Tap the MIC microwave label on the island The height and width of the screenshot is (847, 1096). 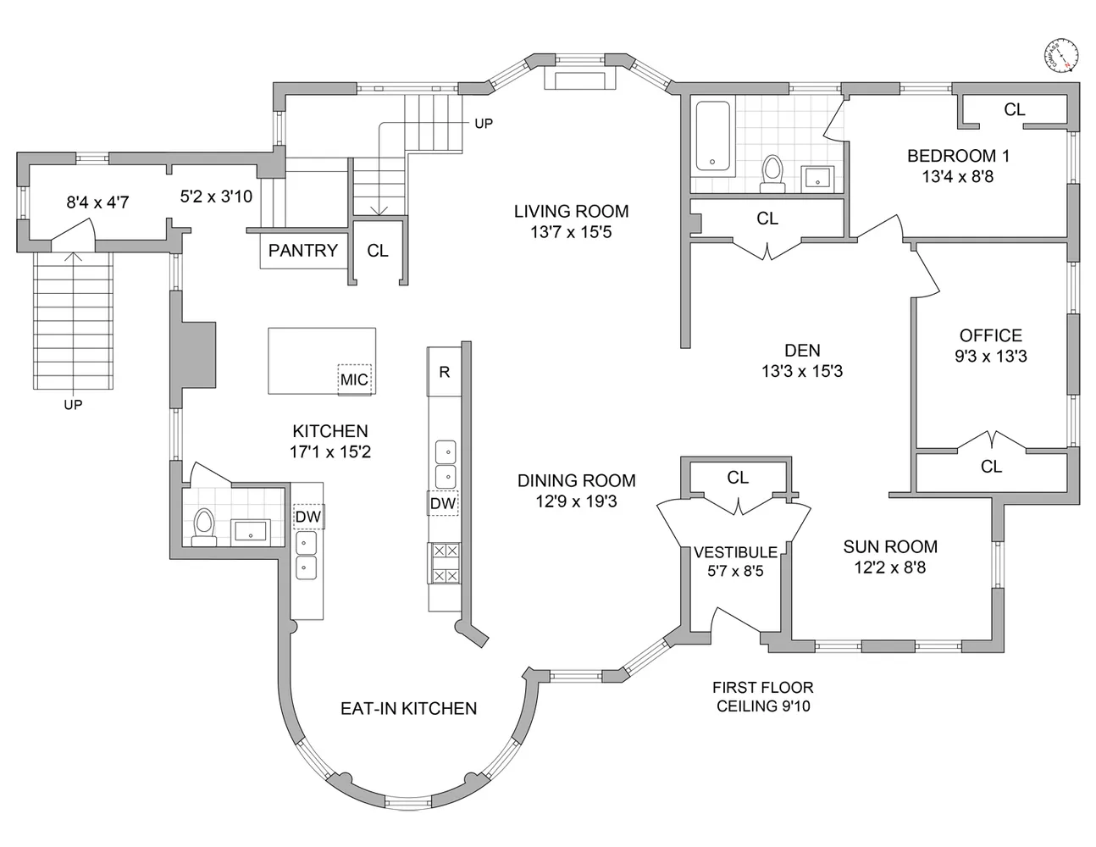[354, 379]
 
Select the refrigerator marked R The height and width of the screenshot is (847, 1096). [445, 372]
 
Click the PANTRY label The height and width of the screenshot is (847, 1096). [302, 250]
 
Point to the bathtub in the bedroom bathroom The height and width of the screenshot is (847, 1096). [712, 136]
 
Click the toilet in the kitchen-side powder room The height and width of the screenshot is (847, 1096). [204, 528]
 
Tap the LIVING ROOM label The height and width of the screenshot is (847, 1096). [571, 211]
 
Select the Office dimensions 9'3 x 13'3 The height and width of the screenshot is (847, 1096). [991, 357]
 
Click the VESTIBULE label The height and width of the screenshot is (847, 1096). [735, 552]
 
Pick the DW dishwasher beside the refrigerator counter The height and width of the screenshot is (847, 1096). [443, 503]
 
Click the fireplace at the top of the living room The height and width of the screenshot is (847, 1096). [580, 80]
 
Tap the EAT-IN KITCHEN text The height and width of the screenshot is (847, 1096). [408, 708]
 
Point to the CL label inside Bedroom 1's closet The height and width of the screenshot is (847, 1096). [1015, 109]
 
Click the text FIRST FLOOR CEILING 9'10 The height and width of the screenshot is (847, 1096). [762, 697]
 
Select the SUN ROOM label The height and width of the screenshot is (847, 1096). [890, 546]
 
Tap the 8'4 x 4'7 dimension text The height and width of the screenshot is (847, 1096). [98, 202]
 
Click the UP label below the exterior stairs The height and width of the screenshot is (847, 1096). [73, 405]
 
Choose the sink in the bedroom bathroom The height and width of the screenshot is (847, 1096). [817, 177]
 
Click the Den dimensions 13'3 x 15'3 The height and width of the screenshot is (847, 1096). [802, 372]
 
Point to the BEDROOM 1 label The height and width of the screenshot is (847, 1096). [958, 156]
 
